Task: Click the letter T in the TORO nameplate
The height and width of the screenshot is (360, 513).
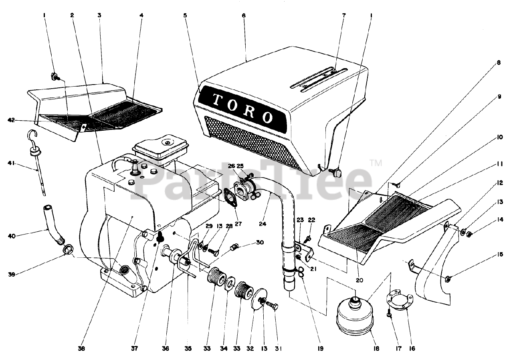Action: coord(217,100)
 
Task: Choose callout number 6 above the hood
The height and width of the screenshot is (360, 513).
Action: coord(243,15)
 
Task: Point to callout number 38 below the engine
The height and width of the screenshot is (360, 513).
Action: coord(82,349)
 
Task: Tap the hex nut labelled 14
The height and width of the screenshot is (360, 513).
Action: coord(471,234)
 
